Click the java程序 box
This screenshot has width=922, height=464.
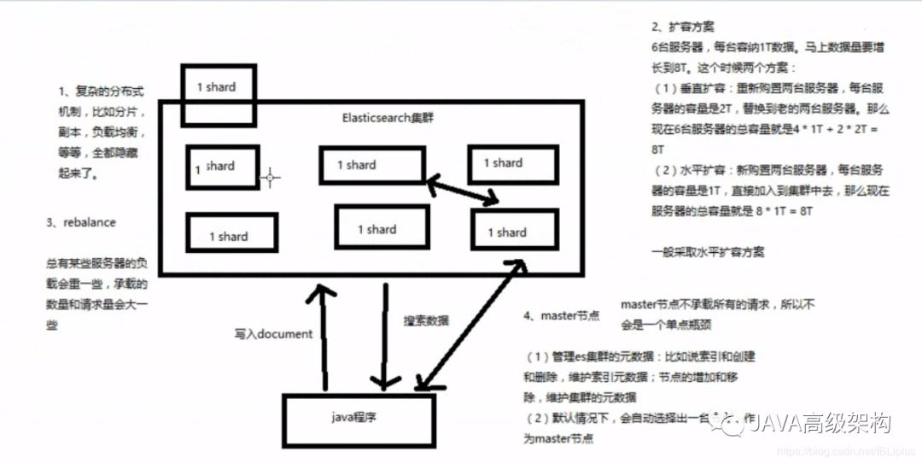[359, 421]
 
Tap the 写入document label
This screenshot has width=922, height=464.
[273, 334]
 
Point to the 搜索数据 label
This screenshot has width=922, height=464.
[426, 320]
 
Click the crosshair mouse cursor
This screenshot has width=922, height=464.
[271, 178]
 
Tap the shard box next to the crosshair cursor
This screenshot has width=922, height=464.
[222, 167]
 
